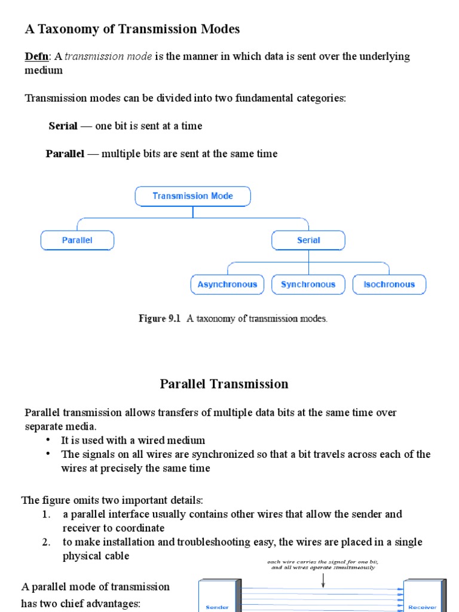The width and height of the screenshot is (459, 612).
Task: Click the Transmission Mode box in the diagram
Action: coord(192,196)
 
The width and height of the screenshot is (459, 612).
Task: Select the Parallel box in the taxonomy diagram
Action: coord(77,240)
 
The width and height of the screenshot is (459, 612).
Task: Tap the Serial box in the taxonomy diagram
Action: coord(308,240)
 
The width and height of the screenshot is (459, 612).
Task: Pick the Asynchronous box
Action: coord(227,284)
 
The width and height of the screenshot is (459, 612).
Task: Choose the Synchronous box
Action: coord(308,284)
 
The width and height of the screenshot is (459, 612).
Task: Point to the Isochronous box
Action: coord(389,284)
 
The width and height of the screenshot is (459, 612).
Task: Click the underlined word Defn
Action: coord(35,56)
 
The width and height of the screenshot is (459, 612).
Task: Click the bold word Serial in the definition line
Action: coord(63,126)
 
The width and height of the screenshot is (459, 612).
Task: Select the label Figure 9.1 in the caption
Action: coord(160,319)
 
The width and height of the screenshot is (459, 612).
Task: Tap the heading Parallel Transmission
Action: coord(224,384)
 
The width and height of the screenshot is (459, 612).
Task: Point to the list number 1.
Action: coord(46,514)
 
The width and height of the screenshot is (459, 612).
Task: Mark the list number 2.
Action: coord(46,542)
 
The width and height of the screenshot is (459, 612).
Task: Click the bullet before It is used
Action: coord(48,440)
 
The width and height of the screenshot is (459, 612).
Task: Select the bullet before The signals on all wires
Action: coord(48,454)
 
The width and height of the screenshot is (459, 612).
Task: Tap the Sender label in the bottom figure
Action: coord(217,607)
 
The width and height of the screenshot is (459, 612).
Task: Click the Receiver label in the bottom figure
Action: coord(422,607)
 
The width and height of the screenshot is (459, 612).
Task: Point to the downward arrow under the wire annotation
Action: coord(323,579)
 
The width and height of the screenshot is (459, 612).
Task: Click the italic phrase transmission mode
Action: coord(101,56)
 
